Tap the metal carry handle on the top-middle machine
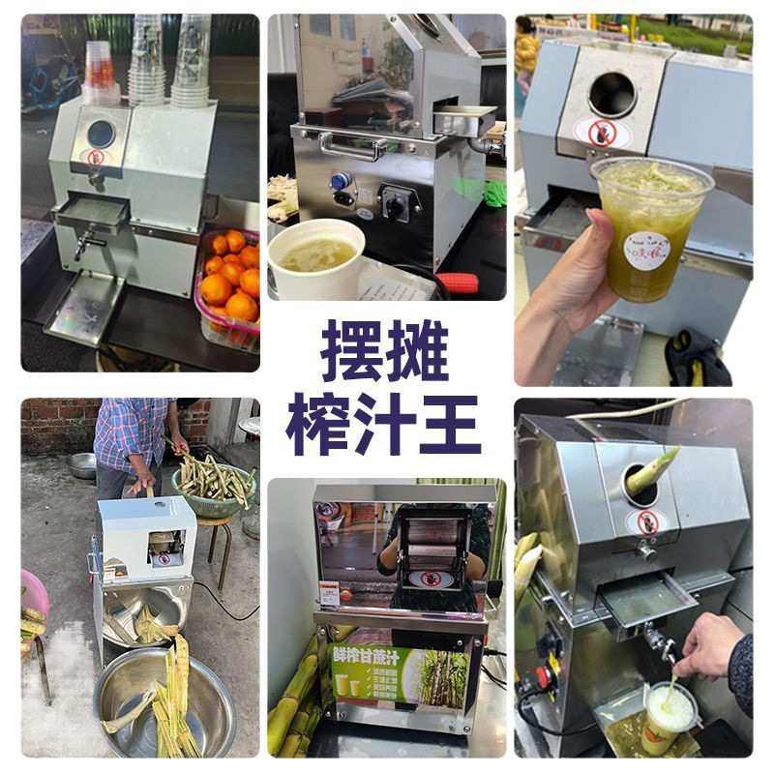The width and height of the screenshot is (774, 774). click(x=352, y=147)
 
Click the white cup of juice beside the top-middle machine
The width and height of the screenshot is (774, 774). click(x=316, y=256)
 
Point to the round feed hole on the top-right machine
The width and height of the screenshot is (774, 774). click(x=611, y=95)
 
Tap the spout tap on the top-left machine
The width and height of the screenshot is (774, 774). click(x=84, y=243)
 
